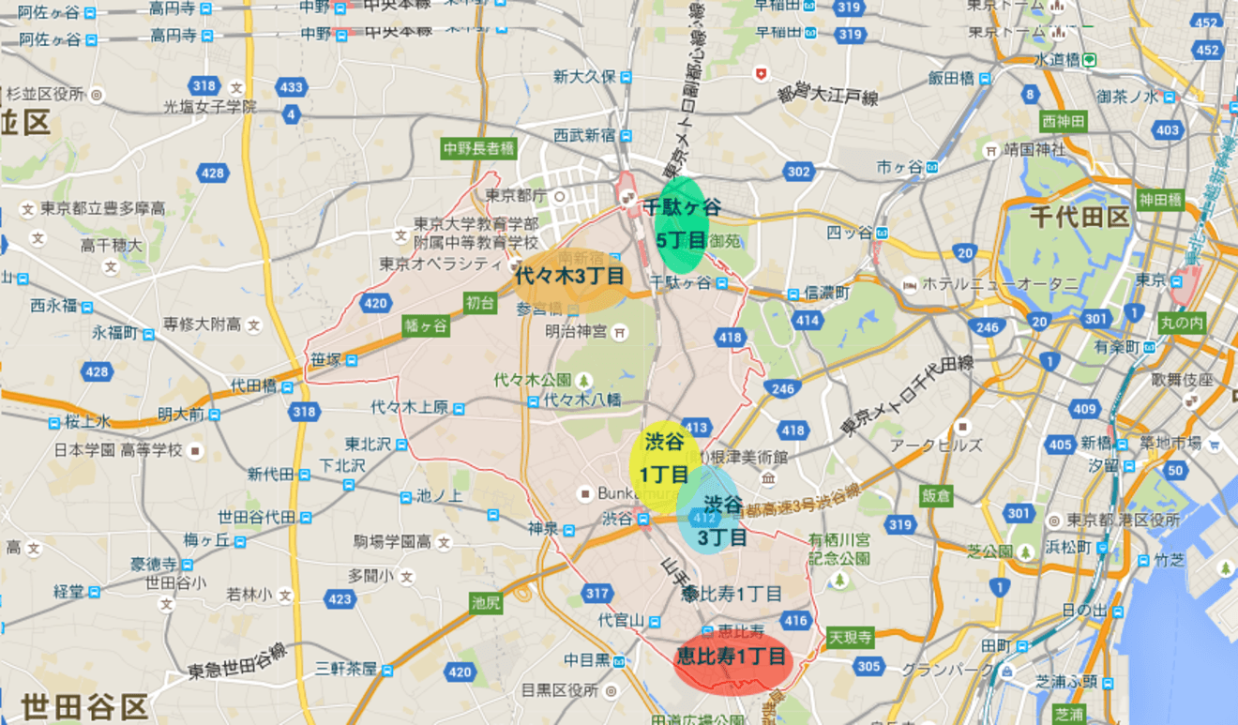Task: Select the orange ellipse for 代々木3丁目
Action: pyautogui.click(x=569, y=278)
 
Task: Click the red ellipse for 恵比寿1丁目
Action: pyautogui.click(x=733, y=658)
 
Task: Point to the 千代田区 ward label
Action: pyautogui.click(x=1079, y=218)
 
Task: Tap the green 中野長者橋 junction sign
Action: pyautogui.click(x=478, y=148)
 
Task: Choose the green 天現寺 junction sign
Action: pyautogui.click(x=850, y=638)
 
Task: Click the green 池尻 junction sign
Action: pyautogui.click(x=486, y=602)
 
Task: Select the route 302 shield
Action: pyautogui.click(x=798, y=171)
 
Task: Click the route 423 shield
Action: pyautogui.click(x=339, y=598)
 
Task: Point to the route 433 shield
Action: pyautogui.click(x=292, y=87)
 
